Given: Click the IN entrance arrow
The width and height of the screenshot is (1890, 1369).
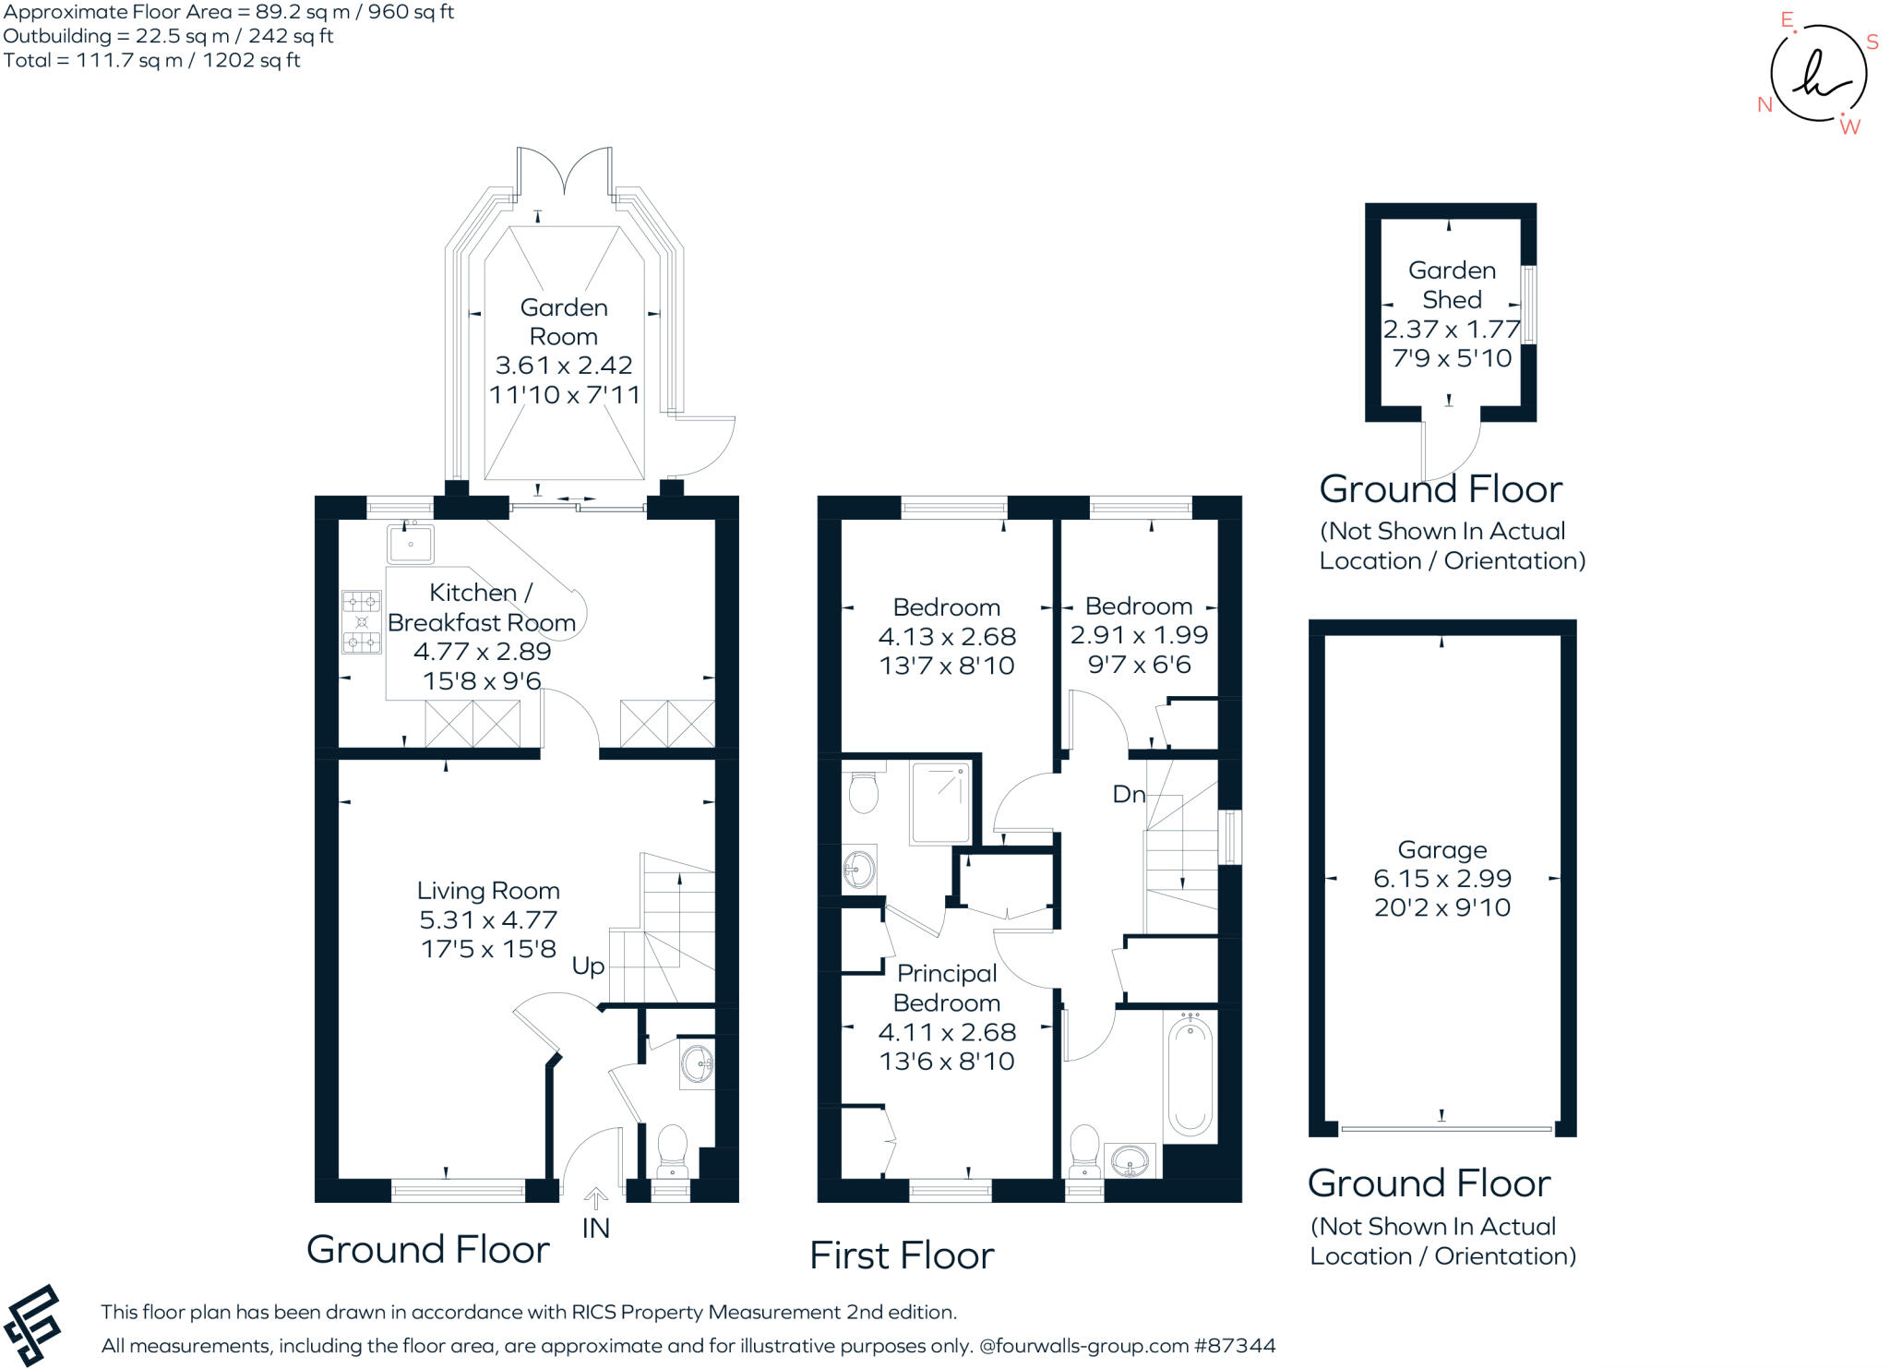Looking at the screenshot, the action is point(596,1198).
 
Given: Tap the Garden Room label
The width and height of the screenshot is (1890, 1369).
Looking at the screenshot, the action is point(564,322).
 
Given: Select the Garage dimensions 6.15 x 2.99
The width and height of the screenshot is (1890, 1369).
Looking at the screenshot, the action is point(1441,879).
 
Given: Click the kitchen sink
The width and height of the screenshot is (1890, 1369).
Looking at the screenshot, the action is point(411,543).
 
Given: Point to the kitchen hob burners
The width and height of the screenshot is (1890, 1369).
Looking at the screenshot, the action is point(362,621).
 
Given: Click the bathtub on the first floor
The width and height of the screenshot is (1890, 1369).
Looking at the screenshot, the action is point(1190,1075).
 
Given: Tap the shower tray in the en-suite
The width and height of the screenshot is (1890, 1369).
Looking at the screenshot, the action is point(940,802).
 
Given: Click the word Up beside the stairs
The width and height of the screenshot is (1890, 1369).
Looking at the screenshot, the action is point(588,967).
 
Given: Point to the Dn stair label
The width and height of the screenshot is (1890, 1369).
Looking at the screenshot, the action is point(1129,794).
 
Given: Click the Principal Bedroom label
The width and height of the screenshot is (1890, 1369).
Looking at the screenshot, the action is point(947,988).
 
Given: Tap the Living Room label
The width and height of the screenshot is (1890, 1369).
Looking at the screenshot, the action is point(488,891).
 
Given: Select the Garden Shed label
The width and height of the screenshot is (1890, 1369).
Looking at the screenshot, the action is point(1452,285).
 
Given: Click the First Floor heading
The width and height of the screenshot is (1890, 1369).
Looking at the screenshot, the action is point(902,1255).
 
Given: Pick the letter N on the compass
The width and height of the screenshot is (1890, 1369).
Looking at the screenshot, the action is point(1765,104).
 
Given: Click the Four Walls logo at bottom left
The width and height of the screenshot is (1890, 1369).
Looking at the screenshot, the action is point(32,1326).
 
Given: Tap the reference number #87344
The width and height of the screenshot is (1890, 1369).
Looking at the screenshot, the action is point(1235,1346).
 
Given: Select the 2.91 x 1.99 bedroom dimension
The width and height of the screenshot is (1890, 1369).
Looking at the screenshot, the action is point(1139,635).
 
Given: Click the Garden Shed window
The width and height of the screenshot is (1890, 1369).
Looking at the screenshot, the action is point(1529,305).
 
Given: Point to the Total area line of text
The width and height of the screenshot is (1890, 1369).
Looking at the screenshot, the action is point(152,60).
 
